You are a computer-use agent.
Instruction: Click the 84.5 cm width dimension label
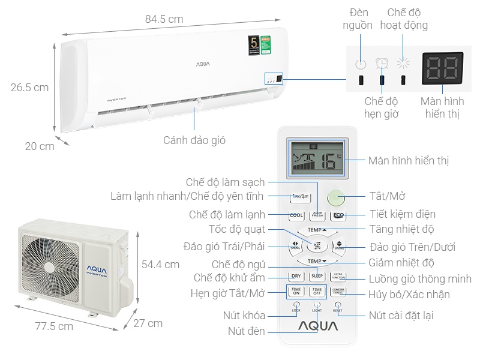click(x=164, y=19)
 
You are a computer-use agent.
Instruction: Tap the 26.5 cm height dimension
click(x=29, y=88)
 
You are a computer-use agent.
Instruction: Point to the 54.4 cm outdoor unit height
click(x=160, y=264)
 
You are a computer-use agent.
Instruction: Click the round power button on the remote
click(x=337, y=198)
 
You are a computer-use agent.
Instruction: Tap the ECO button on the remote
click(x=338, y=215)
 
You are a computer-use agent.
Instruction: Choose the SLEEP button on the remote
click(x=317, y=277)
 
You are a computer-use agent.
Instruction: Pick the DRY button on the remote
click(x=296, y=277)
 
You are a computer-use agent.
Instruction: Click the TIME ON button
click(x=296, y=292)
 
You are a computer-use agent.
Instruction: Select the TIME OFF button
click(x=317, y=292)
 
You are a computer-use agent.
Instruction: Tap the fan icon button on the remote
click(x=317, y=245)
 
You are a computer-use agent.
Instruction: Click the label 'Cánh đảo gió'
click(x=194, y=140)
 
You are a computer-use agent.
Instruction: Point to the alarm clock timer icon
click(x=382, y=62)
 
